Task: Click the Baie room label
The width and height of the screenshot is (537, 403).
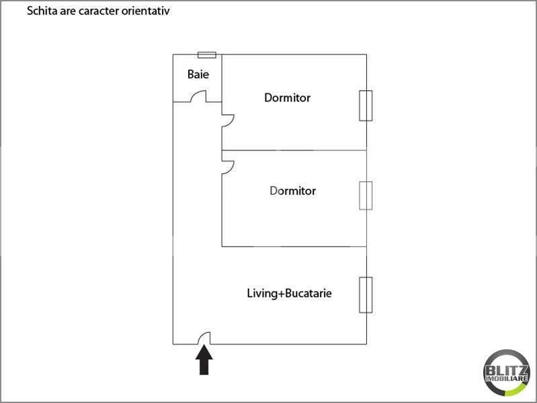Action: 198,74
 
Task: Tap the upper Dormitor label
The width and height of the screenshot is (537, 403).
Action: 287,97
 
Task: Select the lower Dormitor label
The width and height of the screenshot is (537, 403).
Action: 292,191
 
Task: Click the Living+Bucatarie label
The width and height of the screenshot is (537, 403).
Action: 290,294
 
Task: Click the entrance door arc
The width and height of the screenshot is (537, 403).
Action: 206,337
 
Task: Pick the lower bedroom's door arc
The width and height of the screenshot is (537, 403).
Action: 228,167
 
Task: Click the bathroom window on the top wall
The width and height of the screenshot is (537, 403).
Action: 207,54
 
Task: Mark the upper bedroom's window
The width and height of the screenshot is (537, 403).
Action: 366,105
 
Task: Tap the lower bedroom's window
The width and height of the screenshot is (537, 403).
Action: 366,195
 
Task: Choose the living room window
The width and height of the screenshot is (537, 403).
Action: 366,295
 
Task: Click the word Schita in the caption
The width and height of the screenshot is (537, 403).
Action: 40,11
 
